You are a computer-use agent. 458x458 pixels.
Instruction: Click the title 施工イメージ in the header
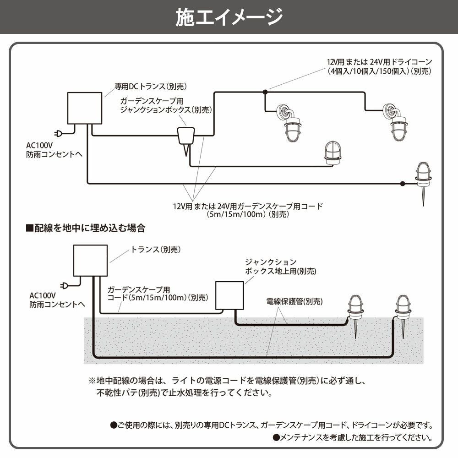pyautogui.click(x=229, y=17)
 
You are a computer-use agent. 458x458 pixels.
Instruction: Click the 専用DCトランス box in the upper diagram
pyautogui.click(x=84, y=108)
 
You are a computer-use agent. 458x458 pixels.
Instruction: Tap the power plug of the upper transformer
pyautogui.click(x=59, y=134)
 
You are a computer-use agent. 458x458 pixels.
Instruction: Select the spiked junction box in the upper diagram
pyautogui.click(x=186, y=138)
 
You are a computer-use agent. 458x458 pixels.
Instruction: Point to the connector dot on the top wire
pyautogui.click(x=265, y=93)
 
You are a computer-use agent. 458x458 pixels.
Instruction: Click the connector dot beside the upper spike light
pyautogui.click(x=402, y=184)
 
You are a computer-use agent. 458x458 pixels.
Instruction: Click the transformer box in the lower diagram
pyautogui.click(x=91, y=261)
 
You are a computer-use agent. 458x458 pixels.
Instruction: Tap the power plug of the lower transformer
pyautogui.click(x=65, y=287)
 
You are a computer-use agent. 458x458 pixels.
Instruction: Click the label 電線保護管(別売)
pyautogui.click(x=294, y=302)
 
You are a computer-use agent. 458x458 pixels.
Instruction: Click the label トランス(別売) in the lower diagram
pyautogui.click(x=156, y=250)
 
